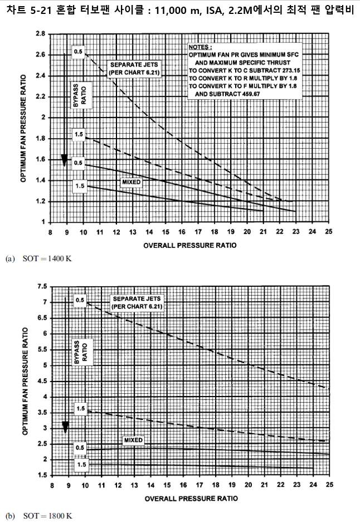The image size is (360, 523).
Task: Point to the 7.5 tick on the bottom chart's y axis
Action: [x=41, y=286]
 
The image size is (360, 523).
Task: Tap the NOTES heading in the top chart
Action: [x=200, y=48]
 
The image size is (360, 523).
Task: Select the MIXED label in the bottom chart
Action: [x=133, y=440]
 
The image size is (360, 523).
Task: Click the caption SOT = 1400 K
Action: [x=47, y=259]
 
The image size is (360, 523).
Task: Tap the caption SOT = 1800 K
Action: [x=47, y=515]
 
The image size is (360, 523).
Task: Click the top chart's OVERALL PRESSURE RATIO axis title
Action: [x=189, y=245]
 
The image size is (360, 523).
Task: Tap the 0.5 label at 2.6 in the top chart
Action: [x=78, y=52]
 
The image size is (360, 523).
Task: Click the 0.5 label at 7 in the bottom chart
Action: [x=80, y=301]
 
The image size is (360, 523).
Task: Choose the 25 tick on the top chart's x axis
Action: [x=329, y=232]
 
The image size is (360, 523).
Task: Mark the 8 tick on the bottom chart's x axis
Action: [x=51, y=485]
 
